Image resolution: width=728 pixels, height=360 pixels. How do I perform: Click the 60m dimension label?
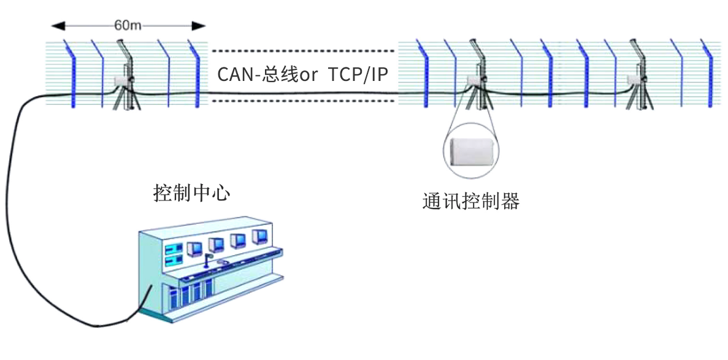(128, 26)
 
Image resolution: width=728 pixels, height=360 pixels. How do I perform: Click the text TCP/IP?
(359, 75)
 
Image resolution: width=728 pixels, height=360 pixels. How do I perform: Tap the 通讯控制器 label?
(470, 201)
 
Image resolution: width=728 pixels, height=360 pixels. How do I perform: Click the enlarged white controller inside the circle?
(470, 150)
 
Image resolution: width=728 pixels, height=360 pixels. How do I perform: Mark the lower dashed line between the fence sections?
(303, 101)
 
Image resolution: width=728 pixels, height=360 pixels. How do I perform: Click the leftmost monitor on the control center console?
(194, 248)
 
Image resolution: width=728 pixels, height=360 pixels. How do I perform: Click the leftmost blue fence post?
(72, 74)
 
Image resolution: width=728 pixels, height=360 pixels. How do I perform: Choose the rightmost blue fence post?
(710, 74)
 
